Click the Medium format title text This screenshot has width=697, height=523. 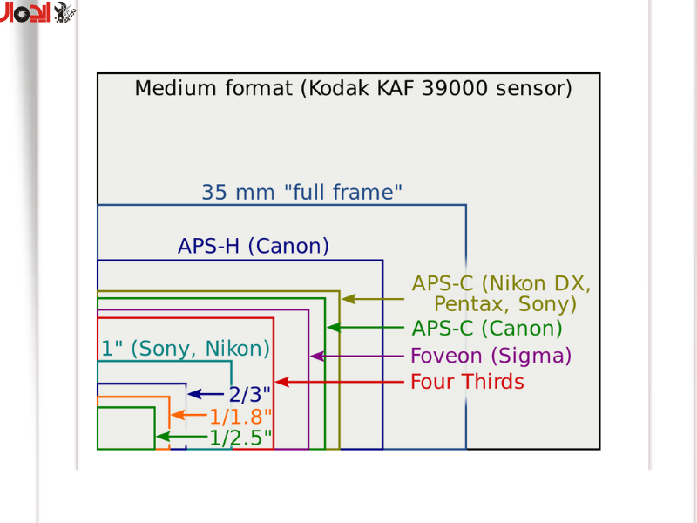pos(353,88)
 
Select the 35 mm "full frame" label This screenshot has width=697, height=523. pos(301,193)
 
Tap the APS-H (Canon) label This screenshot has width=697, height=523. pos(254,247)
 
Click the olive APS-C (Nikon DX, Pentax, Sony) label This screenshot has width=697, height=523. pos(502,294)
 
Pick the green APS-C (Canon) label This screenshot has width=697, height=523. pos(486,329)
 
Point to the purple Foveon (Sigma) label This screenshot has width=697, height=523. pos(491,356)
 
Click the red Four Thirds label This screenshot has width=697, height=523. pos(467,382)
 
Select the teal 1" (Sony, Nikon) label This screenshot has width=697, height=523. pos(186,350)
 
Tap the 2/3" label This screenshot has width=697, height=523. pos(250,394)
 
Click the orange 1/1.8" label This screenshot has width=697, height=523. pos(240,416)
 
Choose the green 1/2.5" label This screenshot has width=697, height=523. pos(240,437)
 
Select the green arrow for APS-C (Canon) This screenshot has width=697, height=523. pos(366,328)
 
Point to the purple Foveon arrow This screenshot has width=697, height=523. pos(357,356)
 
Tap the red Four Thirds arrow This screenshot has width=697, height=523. pos(340,382)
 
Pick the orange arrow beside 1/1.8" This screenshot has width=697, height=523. pos(189,416)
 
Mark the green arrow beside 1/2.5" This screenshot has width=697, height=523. pos(181,437)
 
